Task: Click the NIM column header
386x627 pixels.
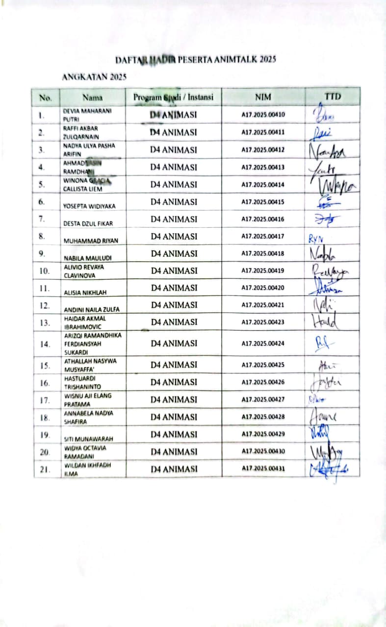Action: click(263, 97)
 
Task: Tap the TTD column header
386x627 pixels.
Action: click(333, 96)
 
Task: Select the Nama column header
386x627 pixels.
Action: click(92, 97)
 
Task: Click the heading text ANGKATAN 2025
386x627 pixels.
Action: click(95, 77)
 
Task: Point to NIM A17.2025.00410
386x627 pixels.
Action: click(263, 115)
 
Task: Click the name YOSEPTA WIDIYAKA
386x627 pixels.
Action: click(89, 206)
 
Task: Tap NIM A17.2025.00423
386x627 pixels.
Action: click(263, 322)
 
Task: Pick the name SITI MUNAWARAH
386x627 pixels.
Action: click(89, 439)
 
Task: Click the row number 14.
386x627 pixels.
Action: click(45, 344)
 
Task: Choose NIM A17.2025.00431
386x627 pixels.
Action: click(263, 469)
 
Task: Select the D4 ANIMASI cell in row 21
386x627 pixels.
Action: click(174, 469)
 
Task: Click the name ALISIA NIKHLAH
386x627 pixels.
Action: click(86, 292)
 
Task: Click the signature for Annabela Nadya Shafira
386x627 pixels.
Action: click(323, 417)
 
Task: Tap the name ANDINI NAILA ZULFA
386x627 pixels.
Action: click(92, 310)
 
